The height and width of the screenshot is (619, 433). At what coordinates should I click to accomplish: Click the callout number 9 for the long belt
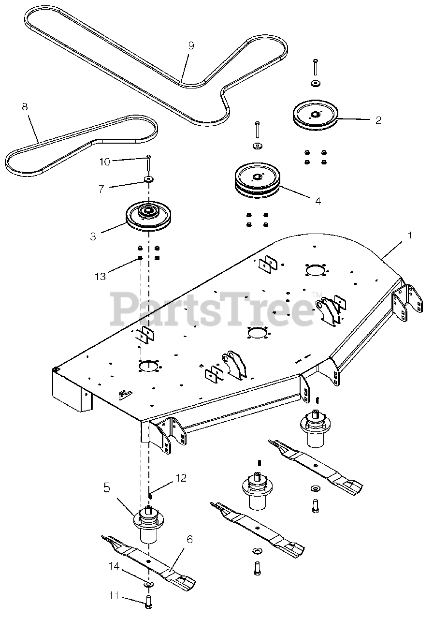click(191, 45)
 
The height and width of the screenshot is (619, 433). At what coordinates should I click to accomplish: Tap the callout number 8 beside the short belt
click(25, 107)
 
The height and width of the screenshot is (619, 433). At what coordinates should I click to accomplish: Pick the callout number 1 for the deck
click(409, 236)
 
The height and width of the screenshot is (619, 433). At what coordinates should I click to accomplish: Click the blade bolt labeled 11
click(149, 602)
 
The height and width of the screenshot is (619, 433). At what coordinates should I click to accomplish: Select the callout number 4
click(318, 200)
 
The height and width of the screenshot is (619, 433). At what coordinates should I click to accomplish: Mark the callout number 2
click(378, 119)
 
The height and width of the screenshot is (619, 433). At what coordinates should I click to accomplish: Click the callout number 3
click(93, 236)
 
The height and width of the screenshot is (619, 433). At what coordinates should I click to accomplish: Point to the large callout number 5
click(106, 487)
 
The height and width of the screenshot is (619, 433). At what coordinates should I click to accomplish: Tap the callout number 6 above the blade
click(189, 539)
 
